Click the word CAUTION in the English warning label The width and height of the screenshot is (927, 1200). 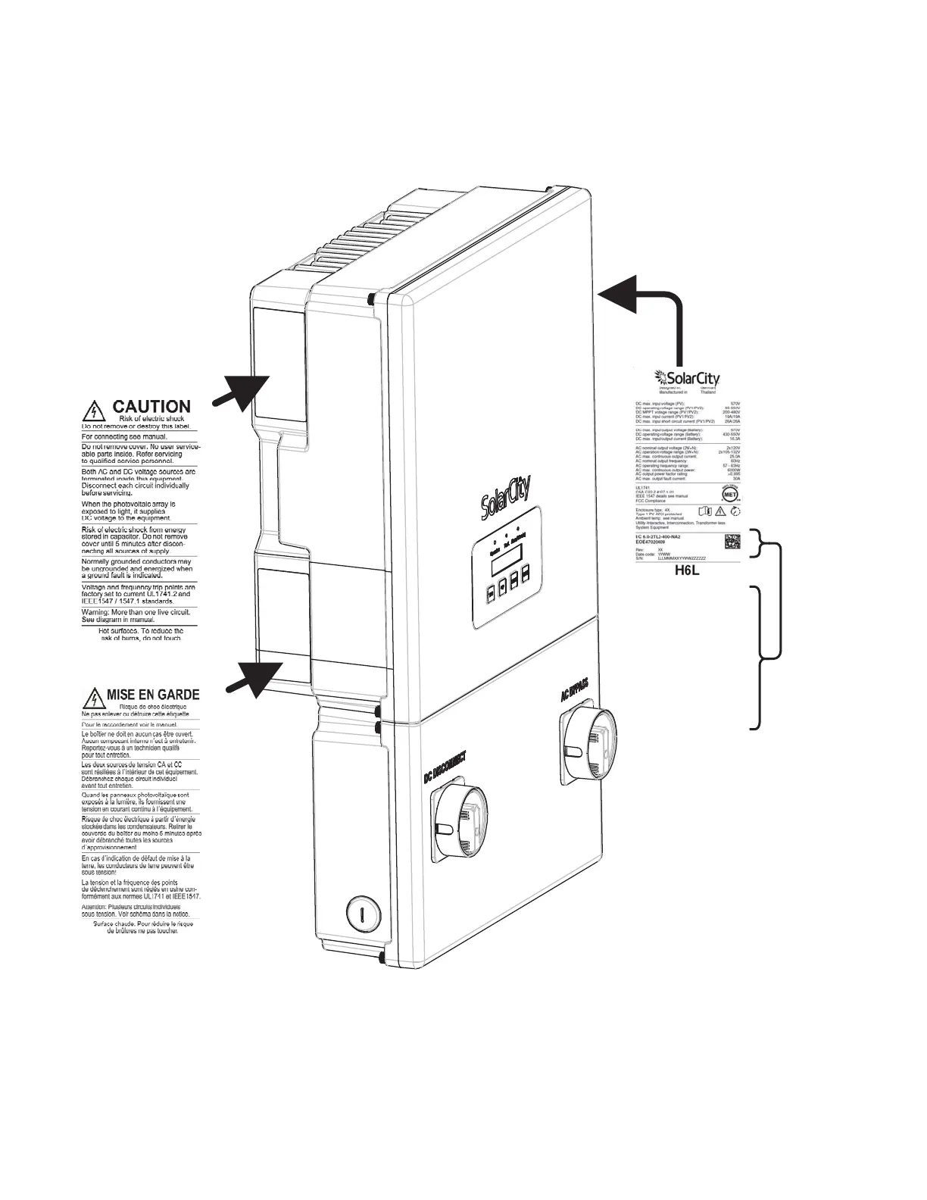pyautogui.click(x=151, y=408)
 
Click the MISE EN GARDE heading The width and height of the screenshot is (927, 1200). pyautogui.click(x=153, y=694)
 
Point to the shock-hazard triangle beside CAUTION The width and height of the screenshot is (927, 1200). pyautogui.click(x=92, y=411)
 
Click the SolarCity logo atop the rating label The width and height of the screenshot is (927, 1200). pyautogui.click(x=687, y=377)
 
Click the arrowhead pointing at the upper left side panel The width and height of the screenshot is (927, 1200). pyautogui.click(x=248, y=392)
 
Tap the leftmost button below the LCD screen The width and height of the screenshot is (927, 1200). pyautogui.click(x=491, y=591)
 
